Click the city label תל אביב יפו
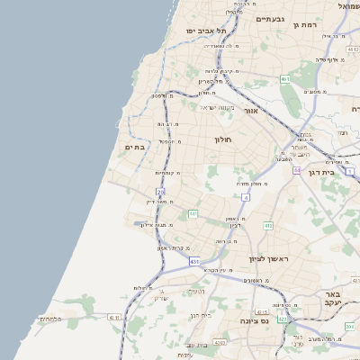click(204, 31)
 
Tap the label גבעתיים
click(270, 19)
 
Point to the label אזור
click(251, 111)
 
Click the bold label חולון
click(224, 139)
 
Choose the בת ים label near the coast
click(135, 147)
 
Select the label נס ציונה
click(249, 320)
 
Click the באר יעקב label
click(332, 298)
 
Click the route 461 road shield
click(283, 79)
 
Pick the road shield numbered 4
click(245, 197)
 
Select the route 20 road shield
click(160, 192)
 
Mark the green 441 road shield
click(193, 213)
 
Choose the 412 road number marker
click(268, 225)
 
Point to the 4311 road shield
click(114, 317)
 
